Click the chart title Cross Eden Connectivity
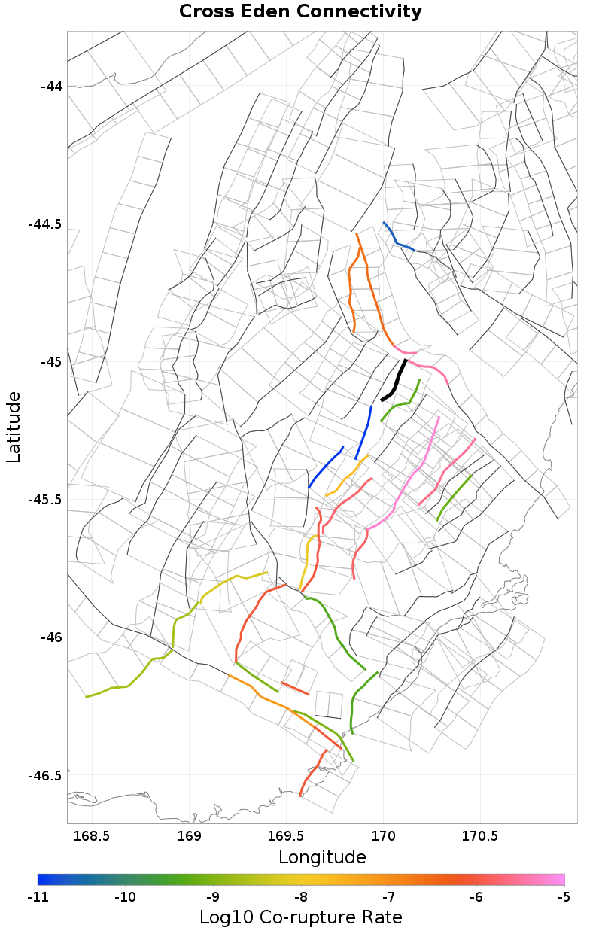tap(300, 12)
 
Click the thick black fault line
tap(395, 382)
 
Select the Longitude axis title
tap(322, 857)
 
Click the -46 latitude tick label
tap(50, 637)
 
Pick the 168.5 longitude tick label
tap(92, 836)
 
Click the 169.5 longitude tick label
tap(287, 836)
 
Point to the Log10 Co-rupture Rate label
tap(300, 917)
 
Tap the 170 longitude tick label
tap(384, 836)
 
